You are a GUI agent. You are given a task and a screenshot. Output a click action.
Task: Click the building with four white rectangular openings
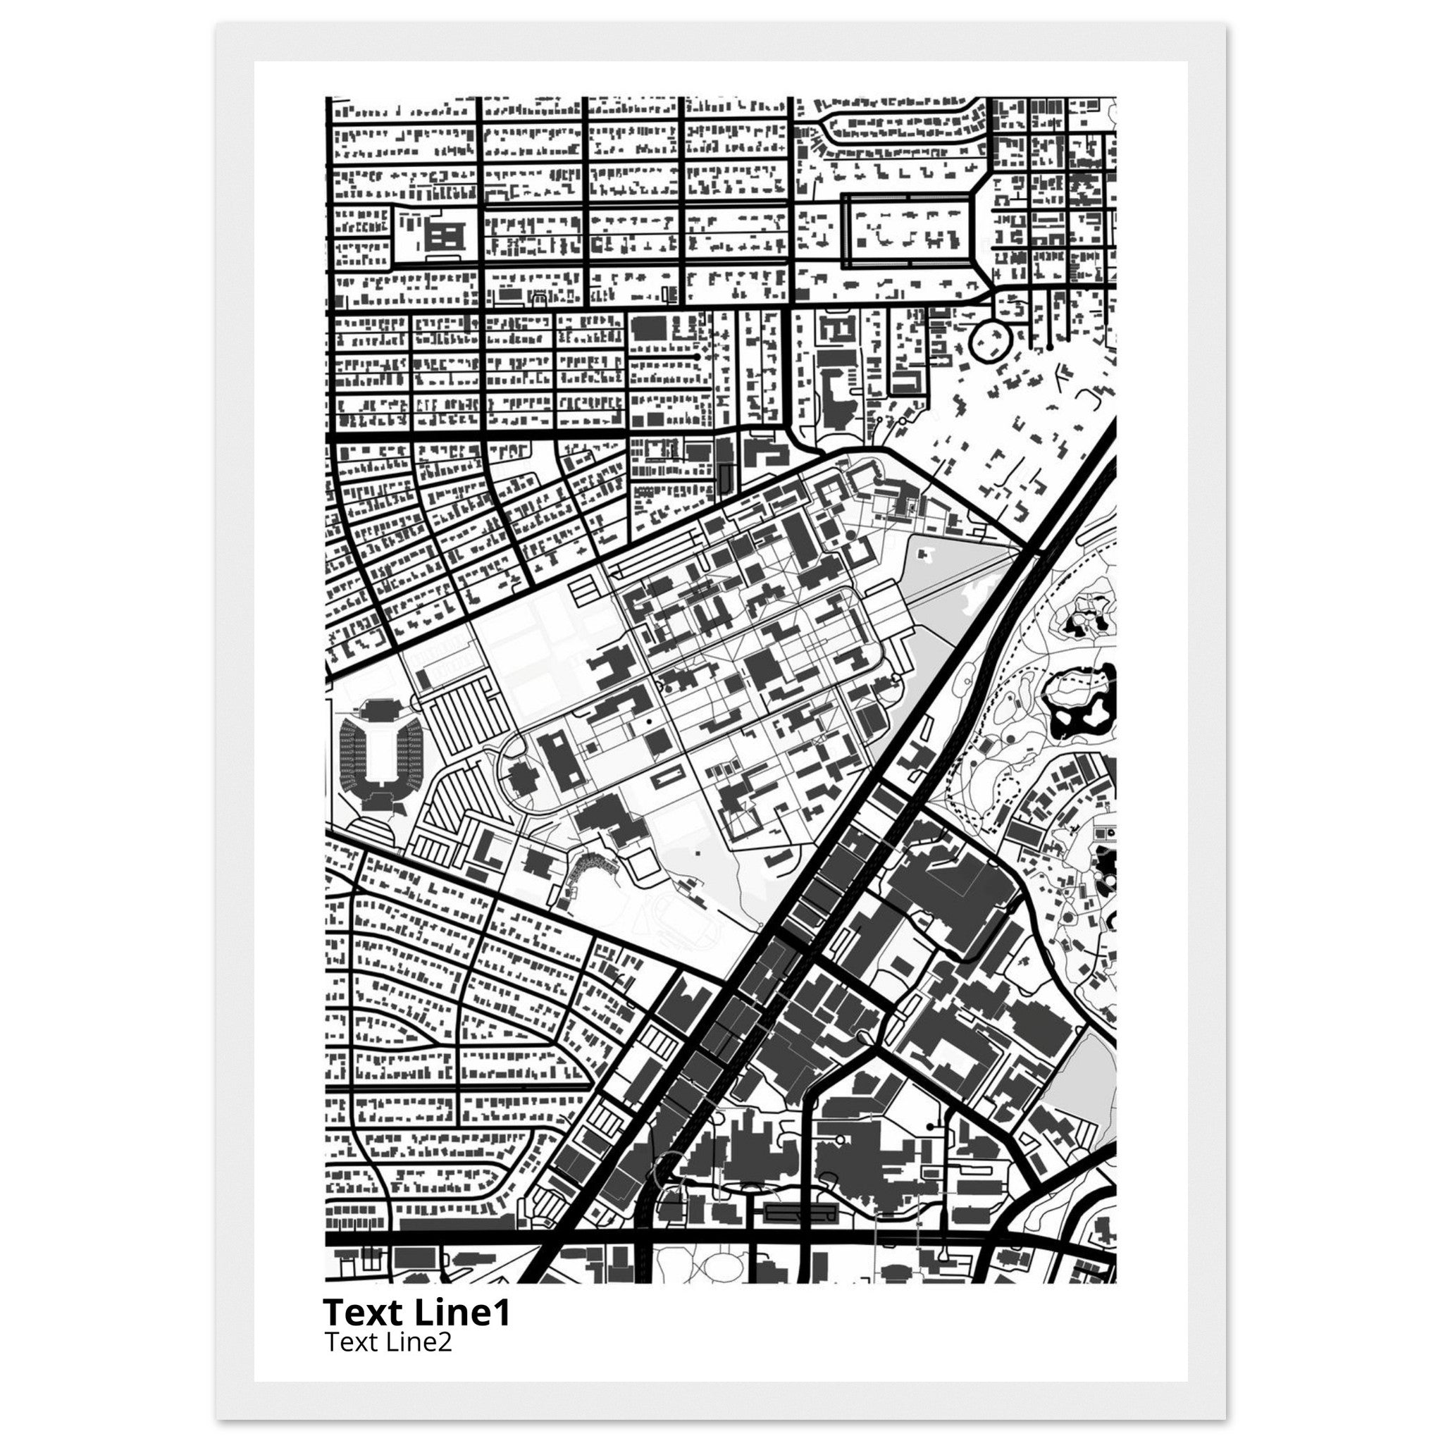[445, 237]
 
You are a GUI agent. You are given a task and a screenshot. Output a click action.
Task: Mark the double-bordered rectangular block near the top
[908, 231]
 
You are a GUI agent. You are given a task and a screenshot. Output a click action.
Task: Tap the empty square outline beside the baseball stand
[642, 866]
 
